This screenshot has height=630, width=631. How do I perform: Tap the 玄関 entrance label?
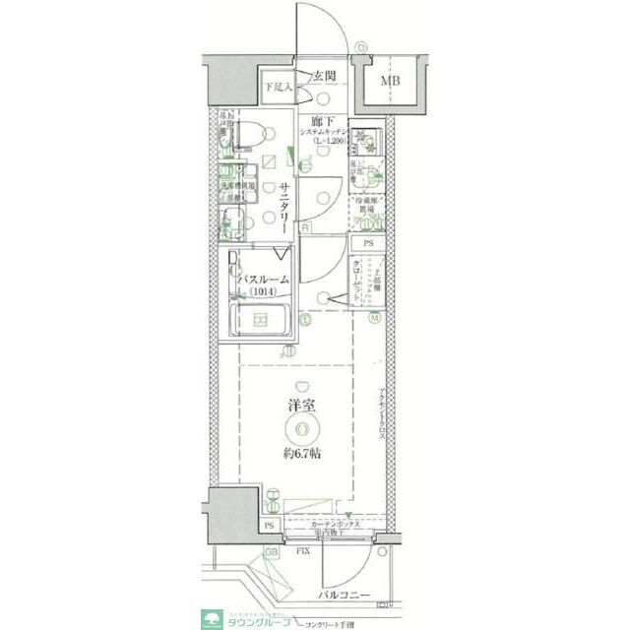tap(326, 76)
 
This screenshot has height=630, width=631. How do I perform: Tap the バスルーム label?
tap(262, 280)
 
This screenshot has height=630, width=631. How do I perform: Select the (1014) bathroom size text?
tap(262, 291)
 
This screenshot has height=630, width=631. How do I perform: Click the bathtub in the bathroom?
tap(261, 320)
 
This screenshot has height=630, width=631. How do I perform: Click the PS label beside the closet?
tap(369, 243)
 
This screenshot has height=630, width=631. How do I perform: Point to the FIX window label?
tap(305, 551)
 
